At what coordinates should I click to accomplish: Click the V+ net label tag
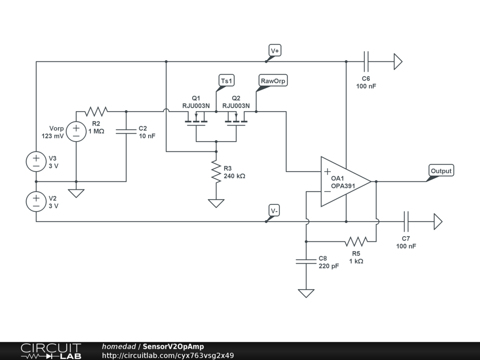(275, 51)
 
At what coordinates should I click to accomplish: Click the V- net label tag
(274, 210)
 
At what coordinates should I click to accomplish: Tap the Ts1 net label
(226, 81)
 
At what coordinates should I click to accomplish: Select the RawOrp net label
(273, 81)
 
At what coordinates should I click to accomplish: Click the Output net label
(441, 171)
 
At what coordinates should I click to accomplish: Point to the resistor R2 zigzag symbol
(96, 112)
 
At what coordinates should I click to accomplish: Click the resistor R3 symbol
(216, 172)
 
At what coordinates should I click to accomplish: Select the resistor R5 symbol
(356, 241)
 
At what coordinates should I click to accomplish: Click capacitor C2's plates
(126, 131)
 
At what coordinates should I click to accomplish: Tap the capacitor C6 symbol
(366, 61)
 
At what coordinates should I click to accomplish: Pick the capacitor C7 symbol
(406, 221)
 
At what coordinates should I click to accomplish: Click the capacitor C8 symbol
(306, 261)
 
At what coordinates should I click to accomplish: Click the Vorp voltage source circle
(76, 131)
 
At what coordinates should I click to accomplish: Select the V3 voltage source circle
(36, 162)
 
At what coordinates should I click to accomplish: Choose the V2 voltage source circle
(36, 202)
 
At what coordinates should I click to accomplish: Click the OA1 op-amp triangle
(346, 181)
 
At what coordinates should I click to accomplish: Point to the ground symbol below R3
(216, 203)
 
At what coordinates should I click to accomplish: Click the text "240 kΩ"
(234, 176)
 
